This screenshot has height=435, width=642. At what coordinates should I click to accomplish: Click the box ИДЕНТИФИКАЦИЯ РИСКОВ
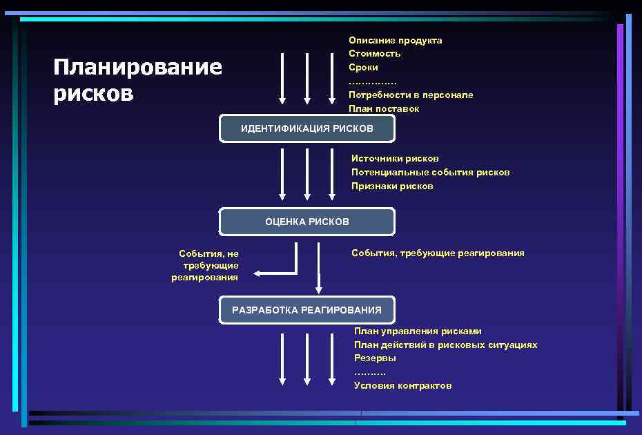tap(307, 128)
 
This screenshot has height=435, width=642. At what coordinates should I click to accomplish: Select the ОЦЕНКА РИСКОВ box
tap(307, 222)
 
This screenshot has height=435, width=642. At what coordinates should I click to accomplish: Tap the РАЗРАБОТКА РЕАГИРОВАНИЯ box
tap(307, 310)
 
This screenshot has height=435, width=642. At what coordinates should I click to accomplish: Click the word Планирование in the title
tap(138, 67)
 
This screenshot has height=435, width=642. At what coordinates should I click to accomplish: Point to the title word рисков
tap(93, 93)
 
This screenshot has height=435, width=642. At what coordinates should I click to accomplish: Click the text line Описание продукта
tap(395, 40)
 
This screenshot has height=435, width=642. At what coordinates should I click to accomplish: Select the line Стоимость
tap(374, 54)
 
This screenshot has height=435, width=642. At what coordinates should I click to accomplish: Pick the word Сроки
tap(363, 68)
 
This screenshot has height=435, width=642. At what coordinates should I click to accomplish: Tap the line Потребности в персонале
tap(411, 95)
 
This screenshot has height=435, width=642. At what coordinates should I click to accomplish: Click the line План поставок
tap(384, 108)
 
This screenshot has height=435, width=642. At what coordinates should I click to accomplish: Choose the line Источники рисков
tap(395, 159)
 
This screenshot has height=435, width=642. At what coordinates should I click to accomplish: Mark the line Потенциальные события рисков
tap(430, 173)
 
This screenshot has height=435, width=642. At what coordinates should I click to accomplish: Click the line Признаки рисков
tap(392, 186)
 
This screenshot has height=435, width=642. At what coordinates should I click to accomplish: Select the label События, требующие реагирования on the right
tap(438, 253)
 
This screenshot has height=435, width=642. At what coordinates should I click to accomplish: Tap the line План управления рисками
tap(418, 331)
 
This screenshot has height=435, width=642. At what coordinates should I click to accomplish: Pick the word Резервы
tap(375, 358)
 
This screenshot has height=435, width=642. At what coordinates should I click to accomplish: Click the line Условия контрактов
tap(402, 385)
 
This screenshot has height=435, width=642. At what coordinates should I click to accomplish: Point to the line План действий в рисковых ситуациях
tap(445, 345)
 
